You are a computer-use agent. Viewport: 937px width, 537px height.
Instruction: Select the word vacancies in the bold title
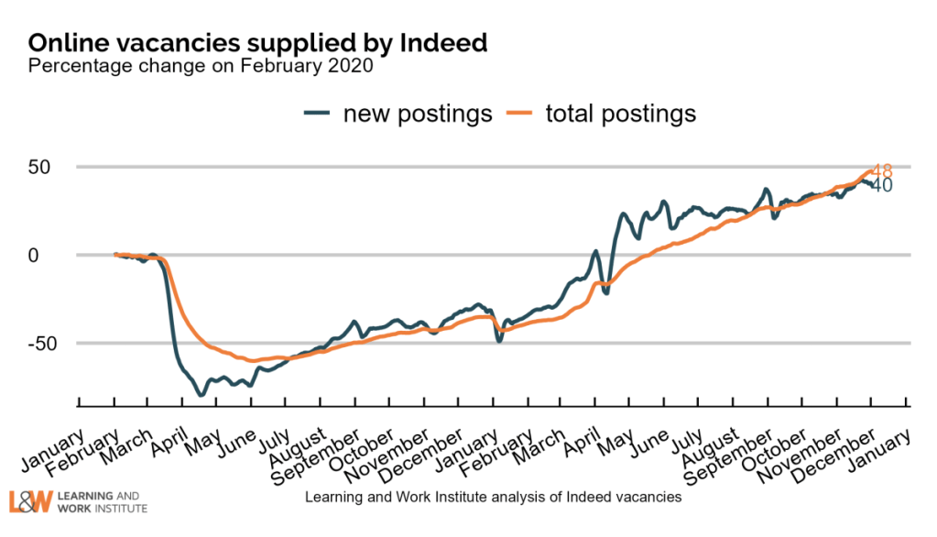click(x=169, y=42)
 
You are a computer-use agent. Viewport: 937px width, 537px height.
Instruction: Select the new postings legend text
click(x=418, y=114)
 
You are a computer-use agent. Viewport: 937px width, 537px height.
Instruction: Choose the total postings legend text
click(x=620, y=114)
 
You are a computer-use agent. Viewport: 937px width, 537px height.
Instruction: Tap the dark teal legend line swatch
click(x=317, y=114)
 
